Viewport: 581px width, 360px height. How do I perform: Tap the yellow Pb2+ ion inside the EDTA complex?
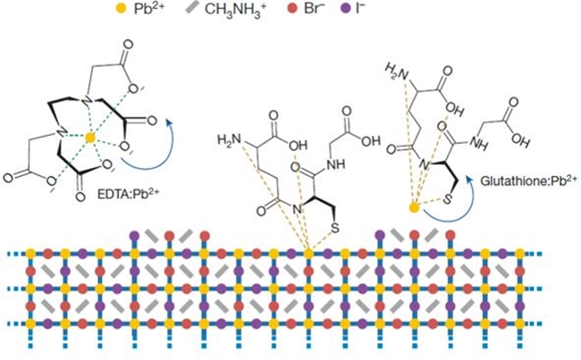coord(89,138)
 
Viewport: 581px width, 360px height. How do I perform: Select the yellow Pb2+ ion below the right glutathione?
coord(414,208)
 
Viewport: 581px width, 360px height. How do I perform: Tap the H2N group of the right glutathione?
coord(395,71)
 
